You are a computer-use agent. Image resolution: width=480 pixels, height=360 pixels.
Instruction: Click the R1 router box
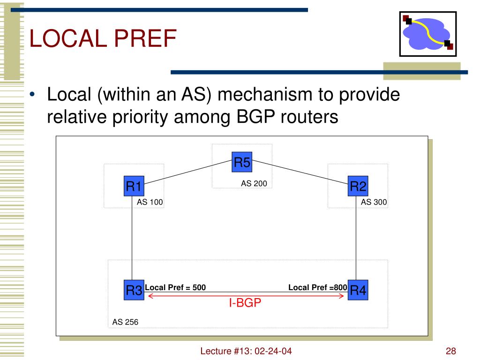(x=134, y=187)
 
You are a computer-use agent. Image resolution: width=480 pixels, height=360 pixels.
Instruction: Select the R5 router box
(x=242, y=163)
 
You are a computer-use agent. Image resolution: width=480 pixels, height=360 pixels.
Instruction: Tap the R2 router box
(x=358, y=187)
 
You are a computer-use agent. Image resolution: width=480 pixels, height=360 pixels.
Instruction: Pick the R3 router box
(x=134, y=291)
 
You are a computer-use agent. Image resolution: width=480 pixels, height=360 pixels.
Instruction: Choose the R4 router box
(x=358, y=291)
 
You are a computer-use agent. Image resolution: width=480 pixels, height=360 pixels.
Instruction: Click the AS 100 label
(x=150, y=202)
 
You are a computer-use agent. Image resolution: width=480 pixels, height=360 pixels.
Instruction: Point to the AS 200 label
(x=254, y=184)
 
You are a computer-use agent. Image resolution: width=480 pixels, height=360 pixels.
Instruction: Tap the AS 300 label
(x=374, y=202)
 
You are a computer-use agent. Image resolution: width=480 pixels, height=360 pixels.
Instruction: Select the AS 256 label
(x=125, y=322)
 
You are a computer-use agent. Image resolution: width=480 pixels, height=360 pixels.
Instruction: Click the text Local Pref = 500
(x=175, y=287)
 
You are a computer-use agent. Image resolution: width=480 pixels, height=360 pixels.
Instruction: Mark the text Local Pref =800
(x=317, y=287)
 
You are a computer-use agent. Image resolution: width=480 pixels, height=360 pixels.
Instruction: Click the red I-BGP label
(x=245, y=304)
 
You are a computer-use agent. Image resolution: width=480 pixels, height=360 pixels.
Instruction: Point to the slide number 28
(x=451, y=352)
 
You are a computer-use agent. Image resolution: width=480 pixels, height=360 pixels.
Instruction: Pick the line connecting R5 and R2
(x=300, y=171)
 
